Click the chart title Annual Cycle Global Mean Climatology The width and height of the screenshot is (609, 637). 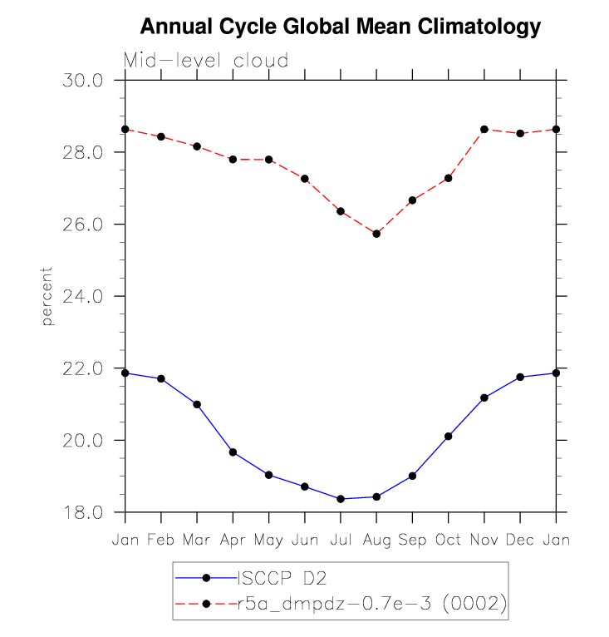[x=340, y=27]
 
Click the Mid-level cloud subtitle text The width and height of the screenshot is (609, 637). [x=206, y=61]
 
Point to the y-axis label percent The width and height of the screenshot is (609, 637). [x=47, y=296]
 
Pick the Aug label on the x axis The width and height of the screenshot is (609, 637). [x=376, y=540]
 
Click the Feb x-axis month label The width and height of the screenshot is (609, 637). [x=161, y=540]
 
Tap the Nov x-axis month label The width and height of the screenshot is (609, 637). [x=484, y=540]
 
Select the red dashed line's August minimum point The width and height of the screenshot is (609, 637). [x=376, y=234]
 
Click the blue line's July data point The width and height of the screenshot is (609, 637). [x=341, y=499]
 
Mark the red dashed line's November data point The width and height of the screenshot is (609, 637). [x=484, y=129]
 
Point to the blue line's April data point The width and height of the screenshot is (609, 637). [x=233, y=452]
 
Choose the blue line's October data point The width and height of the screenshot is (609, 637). [x=449, y=436]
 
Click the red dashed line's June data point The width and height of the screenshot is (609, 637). [x=305, y=179]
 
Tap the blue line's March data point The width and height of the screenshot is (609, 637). [x=197, y=404]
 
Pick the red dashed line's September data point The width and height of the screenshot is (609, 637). [x=412, y=200]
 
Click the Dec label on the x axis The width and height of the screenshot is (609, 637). [x=520, y=540]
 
